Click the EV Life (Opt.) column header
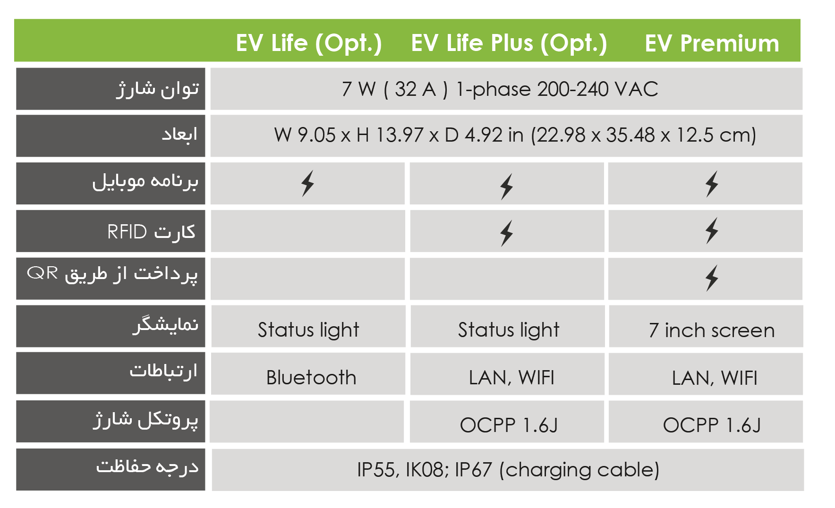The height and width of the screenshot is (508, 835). [309, 43]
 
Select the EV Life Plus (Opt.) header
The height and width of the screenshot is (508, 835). [509, 43]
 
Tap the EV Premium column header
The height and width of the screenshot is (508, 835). [712, 43]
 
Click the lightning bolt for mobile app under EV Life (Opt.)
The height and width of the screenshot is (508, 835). [307, 183]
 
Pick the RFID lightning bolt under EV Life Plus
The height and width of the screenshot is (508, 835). [507, 233]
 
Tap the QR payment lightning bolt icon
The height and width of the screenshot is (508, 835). [712, 278]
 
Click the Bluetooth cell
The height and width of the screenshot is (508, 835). [311, 378]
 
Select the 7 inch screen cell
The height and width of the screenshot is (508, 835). [712, 330]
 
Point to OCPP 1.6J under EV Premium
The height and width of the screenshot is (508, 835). [712, 425]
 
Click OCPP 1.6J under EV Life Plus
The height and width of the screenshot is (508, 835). [509, 425]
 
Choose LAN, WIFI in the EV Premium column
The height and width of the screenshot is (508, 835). [715, 378]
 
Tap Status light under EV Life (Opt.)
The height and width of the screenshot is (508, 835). [308, 330]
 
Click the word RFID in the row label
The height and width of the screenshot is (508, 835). [127, 232]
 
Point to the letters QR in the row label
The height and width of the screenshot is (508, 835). [43, 273]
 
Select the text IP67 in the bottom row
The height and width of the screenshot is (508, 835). [474, 470]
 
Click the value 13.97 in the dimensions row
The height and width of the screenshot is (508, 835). [400, 135]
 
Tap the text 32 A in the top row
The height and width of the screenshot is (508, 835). [416, 89]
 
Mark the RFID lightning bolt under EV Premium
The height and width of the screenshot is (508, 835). [712, 231]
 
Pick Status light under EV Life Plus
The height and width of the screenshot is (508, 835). [509, 330]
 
